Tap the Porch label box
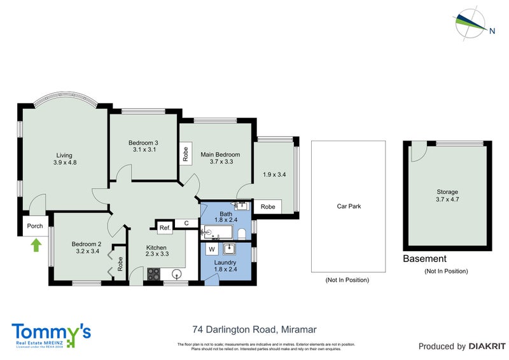click(x=34, y=226)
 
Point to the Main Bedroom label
click(x=220, y=155)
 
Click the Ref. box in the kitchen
click(x=164, y=228)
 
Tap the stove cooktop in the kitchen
click(x=154, y=273)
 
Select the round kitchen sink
click(x=178, y=274)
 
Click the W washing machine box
click(x=211, y=249)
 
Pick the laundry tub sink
click(x=230, y=249)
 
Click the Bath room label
click(x=226, y=214)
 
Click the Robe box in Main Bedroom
click(x=186, y=154)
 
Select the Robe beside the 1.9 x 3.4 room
click(x=268, y=207)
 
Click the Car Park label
click(x=348, y=206)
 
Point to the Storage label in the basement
click(x=447, y=191)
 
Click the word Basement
click(x=424, y=259)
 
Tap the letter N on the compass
click(x=492, y=29)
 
